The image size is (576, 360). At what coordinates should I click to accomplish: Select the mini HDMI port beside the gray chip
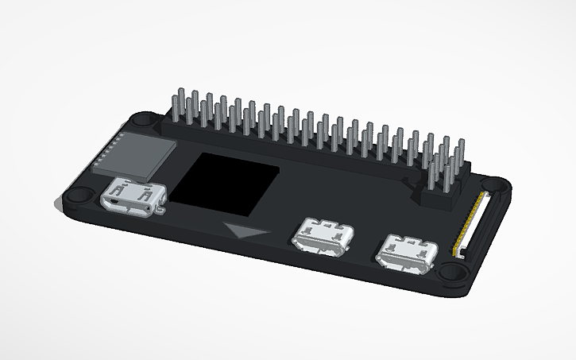[133, 196]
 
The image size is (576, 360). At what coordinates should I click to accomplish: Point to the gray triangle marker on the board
[246, 231]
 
